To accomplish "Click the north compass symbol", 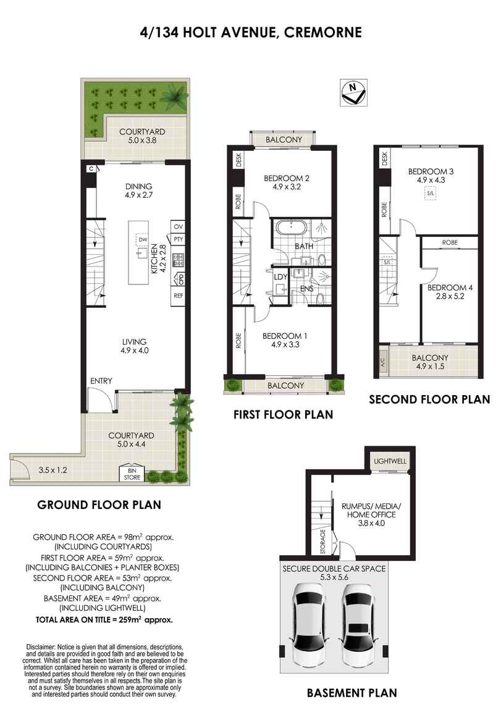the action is coord(353,93).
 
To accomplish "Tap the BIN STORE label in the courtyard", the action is coord(132,474).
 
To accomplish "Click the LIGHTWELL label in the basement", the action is coord(390,461).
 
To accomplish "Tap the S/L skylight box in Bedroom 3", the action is coord(430,194).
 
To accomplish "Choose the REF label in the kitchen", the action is coord(178,296).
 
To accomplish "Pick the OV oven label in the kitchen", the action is coord(178,226).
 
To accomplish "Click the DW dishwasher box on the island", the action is coord(143,239).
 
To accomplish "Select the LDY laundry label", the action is coord(280,277).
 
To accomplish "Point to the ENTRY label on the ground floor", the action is coord(101,381).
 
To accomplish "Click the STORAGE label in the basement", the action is coord(323,542).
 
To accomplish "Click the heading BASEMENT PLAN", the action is coord(352,693).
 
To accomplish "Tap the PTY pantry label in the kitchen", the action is coord(179,239).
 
